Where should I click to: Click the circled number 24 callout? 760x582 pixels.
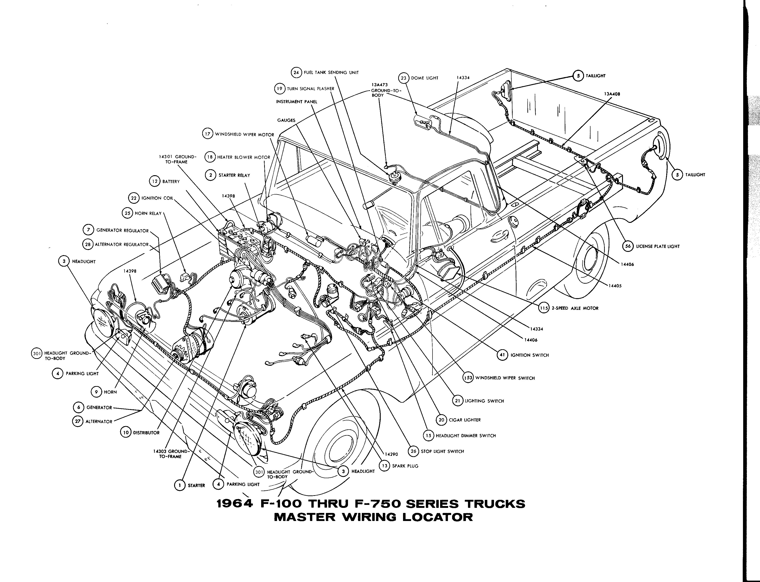tap(296, 72)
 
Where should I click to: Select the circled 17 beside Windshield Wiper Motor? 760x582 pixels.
tap(207, 134)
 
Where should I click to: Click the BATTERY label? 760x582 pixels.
tap(171, 181)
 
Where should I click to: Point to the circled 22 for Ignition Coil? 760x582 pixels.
tap(133, 198)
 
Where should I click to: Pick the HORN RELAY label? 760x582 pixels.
tap(148, 213)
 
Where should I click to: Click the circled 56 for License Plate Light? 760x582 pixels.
tap(628, 246)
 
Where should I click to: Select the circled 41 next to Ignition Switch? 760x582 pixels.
tap(502, 355)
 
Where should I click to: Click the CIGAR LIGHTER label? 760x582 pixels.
tap(465, 420)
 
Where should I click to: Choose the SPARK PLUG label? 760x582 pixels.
tap(405, 466)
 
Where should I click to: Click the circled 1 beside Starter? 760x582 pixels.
tap(179, 485)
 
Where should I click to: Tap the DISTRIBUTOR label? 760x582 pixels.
tap(146, 433)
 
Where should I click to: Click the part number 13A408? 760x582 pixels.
tap(612, 94)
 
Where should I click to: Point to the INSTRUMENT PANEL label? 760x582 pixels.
tap(297, 102)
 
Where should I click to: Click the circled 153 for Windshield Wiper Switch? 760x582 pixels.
tap(468, 378)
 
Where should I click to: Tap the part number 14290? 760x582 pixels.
tap(391, 454)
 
